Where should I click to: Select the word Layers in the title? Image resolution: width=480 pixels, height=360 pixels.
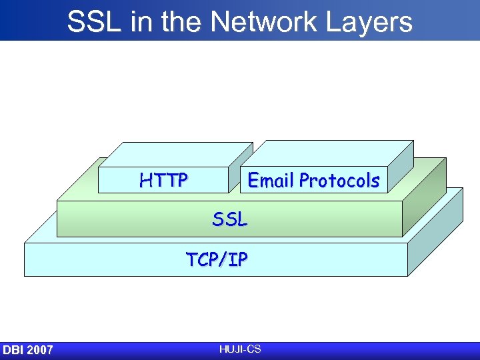pyautogui.click(x=374, y=22)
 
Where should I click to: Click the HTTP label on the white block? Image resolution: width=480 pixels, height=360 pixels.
pyautogui.click(x=163, y=180)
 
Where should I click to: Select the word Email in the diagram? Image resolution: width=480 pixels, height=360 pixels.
pyautogui.click(x=271, y=180)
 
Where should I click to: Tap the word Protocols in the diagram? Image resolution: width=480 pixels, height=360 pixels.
pyautogui.click(x=339, y=180)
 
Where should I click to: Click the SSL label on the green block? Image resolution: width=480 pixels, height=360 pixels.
pyautogui.click(x=230, y=219)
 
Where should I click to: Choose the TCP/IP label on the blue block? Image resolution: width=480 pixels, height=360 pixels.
pyautogui.click(x=217, y=259)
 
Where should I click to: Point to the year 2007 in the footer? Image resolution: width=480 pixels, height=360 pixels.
pyautogui.click(x=41, y=350)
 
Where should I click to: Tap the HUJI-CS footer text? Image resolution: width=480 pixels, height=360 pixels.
pyautogui.click(x=239, y=349)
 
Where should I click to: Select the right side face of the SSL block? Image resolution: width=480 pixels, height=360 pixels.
pyautogui.click(x=425, y=200)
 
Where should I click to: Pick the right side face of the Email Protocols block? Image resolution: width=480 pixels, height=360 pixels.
pyautogui.click(x=400, y=167)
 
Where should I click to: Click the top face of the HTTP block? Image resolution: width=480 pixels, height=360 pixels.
pyautogui.click(x=176, y=155)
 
